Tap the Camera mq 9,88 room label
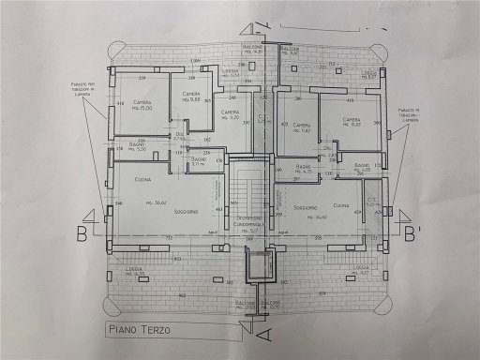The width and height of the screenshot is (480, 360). click(191, 97)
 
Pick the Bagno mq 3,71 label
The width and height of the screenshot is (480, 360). click(197, 161)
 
